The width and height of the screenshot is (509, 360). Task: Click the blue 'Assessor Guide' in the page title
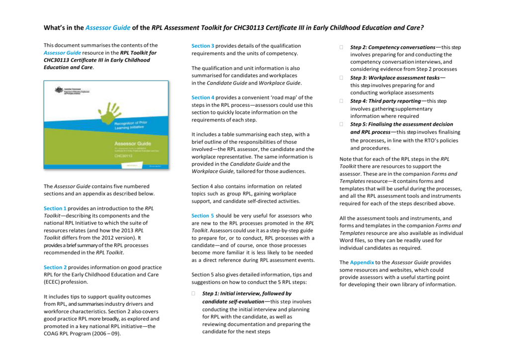(x=108, y=28)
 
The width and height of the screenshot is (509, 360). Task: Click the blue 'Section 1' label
(x=55, y=208)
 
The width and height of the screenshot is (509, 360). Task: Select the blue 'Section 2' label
(x=55, y=267)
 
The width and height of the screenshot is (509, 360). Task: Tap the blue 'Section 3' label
(x=203, y=46)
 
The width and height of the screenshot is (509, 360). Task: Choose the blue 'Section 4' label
(x=203, y=97)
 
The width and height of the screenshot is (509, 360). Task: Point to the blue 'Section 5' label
(x=203, y=216)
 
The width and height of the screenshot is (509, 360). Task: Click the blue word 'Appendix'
(x=362, y=262)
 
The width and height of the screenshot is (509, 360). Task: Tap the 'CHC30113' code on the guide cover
(x=124, y=155)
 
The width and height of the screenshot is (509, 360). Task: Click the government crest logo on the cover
(x=63, y=90)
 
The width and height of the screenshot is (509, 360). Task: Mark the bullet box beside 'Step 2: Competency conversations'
(x=341, y=47)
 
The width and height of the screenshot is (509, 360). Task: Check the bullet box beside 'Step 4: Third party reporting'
(x=341, y=101)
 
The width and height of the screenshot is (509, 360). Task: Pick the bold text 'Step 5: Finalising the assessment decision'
(x=402, y=124)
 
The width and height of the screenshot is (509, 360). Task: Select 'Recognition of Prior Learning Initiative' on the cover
(x=131, y=125)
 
